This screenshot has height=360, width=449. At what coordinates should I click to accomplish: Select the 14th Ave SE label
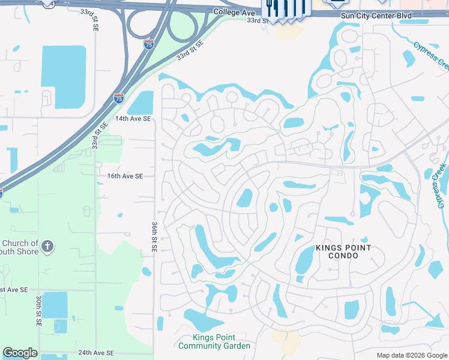point(133,119)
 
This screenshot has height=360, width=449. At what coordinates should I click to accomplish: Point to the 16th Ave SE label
point(125,176)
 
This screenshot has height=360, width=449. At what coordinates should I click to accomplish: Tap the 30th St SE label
point(38,310)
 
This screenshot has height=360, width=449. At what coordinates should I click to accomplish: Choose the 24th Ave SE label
point(95,353)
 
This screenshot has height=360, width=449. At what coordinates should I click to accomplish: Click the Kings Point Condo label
point(343,251)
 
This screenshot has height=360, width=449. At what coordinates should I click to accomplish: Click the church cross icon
point(48,246)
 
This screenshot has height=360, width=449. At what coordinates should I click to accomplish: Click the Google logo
point(20,353)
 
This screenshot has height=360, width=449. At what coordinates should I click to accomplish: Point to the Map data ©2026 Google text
point(411,355)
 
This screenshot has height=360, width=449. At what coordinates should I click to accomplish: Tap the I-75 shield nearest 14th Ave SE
point(119,98)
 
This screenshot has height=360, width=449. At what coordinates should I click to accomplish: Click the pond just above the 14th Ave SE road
point(140,103)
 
